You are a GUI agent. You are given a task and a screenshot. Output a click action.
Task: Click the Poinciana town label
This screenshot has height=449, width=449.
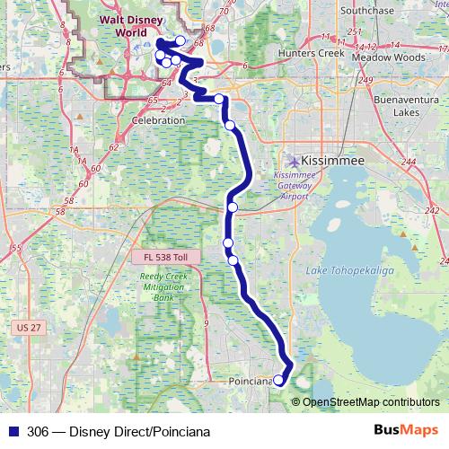click(x=250, y=382)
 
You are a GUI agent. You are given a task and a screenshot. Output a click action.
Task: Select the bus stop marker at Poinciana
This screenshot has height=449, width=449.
click(x=278, y=381)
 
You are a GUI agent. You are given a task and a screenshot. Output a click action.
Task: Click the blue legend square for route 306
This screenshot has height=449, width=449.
click(x=12, y=430)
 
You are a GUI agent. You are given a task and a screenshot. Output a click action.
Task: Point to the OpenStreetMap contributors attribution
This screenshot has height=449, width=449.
click(x=369, y=402)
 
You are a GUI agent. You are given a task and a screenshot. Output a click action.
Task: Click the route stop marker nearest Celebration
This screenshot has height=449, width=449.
click(x=220, y=99)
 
